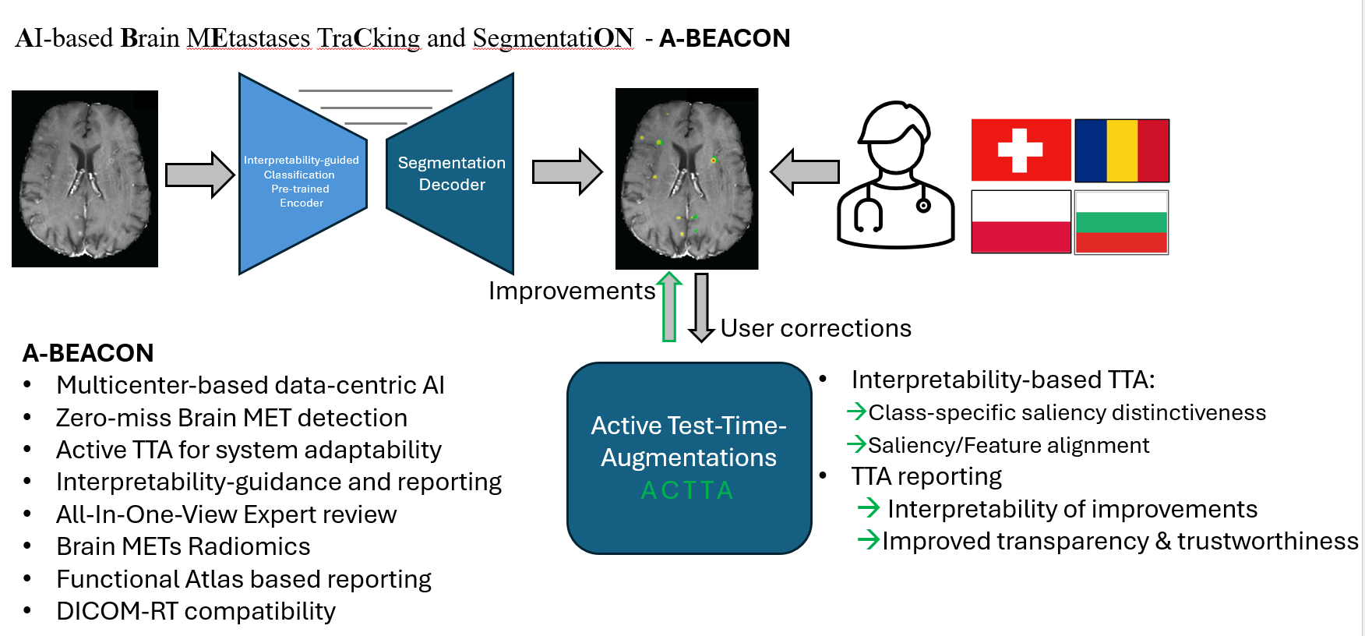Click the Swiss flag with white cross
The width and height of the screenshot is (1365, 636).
(x=1021, y=150)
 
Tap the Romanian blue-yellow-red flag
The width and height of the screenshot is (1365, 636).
(x=1122, y=150)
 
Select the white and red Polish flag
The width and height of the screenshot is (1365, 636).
(x=1021, y=222)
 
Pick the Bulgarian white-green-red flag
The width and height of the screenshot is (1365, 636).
(x=1121, y=222)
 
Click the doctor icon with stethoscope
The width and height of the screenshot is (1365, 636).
(x=896, y=175)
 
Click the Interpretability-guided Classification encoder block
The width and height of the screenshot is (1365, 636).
(x=302, y=180)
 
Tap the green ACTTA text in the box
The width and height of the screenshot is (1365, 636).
(x=688, y=490)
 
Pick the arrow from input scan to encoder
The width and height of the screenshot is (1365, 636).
(x=199, y=175)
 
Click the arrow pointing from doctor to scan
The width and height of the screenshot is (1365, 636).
(x=805, y=171)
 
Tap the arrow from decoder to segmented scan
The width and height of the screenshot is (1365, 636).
(x=567, y=171)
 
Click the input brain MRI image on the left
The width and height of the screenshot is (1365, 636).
(x=85, y=178)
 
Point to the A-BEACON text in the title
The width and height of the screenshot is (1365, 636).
(x=725, y=38)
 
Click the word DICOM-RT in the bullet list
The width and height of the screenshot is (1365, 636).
(x=117, y=611)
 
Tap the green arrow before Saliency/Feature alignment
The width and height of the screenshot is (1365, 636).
(x=856, y=444)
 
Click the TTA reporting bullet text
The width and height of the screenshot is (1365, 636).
(x=926, y=476)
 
